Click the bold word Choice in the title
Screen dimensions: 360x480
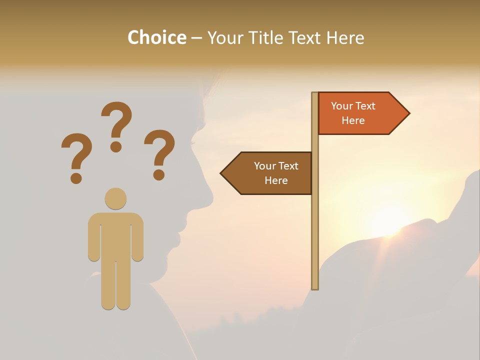pyautogui.click(x=156, y=37)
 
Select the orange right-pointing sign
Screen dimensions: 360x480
pyautogui.click(x=360, y=113)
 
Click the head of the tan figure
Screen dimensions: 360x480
pyautogui.click(x=115, y=198)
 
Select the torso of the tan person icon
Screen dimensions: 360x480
pyautogui.click(x=115, y=235)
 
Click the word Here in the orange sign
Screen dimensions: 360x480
pyautogui.click(x=353, y=120)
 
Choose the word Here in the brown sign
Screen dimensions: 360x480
pyautogui.click(x=276, y=180)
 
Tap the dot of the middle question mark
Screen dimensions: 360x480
pyautogui.click(x=116, y=146)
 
